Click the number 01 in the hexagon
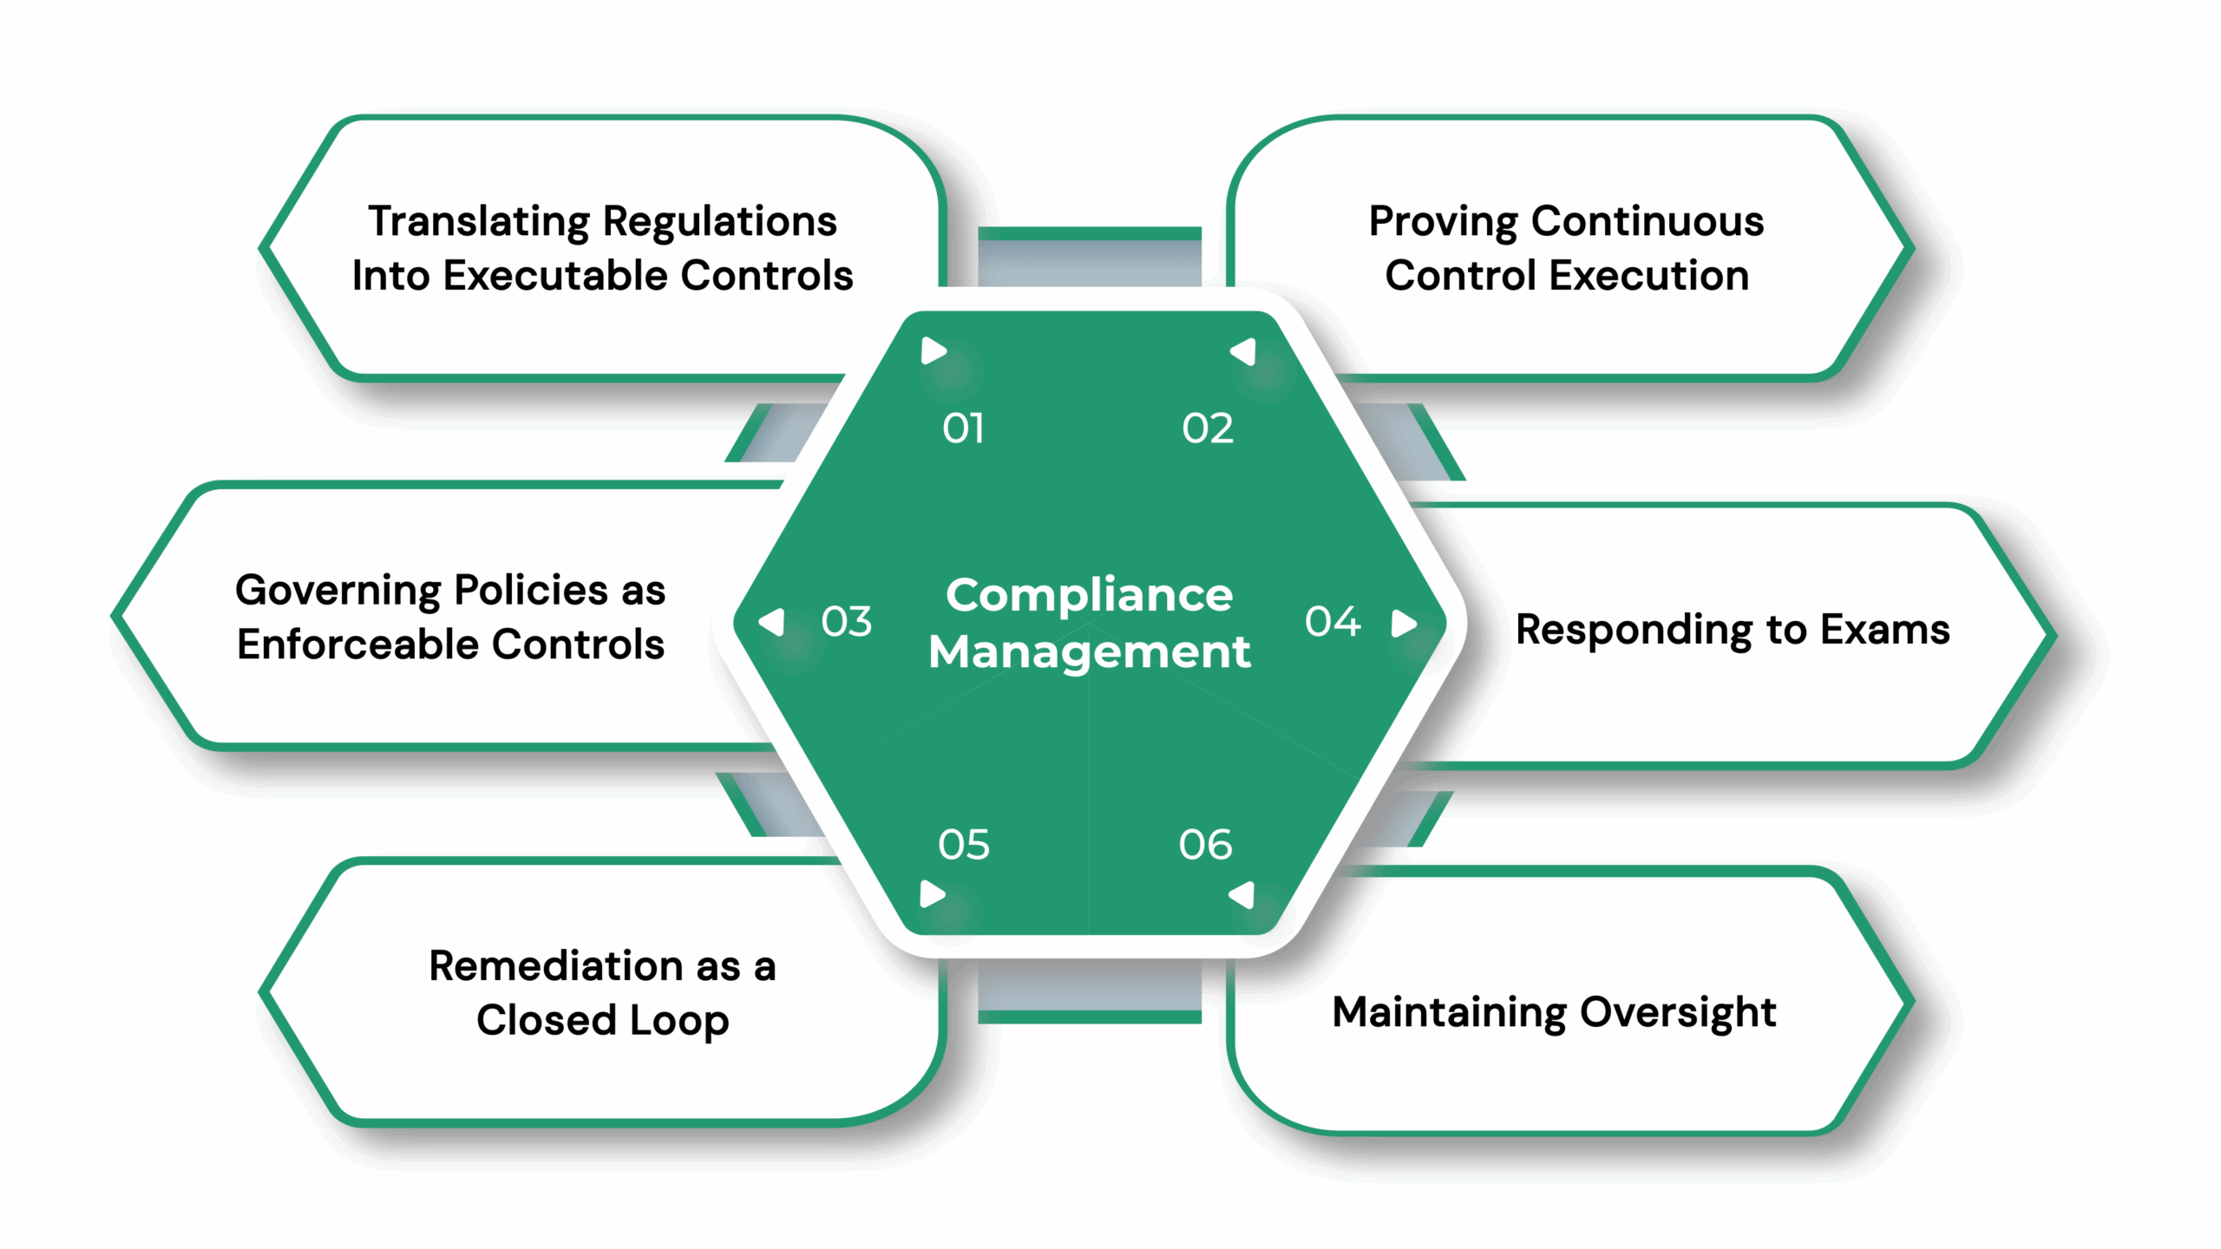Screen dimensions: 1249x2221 coord(963,428)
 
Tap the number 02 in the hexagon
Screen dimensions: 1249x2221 coord(1208,428)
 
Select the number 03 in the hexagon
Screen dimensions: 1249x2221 coord(846,622)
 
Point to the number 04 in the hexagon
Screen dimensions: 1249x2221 coord(1333,622)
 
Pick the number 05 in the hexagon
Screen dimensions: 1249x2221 coord(963,845)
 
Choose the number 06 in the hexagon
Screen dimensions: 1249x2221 coord(1205,845)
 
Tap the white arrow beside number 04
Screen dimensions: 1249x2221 coord(1403,623)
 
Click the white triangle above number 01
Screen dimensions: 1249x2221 coord(933,351)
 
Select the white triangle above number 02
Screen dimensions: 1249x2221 coord(1244,351)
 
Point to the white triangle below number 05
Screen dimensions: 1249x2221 coord(932,893)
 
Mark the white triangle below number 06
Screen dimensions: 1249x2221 coord(1243,894)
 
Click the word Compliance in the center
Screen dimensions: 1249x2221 coord(1089,595)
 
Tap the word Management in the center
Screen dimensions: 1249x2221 coord(1089,652)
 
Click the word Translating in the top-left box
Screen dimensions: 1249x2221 coord(480,222)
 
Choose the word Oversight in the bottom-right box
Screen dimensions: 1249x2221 coord(1678,1013)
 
